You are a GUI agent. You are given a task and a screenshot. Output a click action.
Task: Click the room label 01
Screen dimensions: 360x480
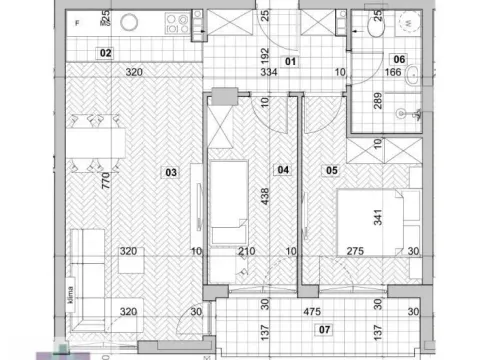point(291,61)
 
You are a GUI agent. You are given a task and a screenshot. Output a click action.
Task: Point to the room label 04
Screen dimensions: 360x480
point(282,171)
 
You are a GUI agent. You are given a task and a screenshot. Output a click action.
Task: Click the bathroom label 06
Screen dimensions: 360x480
point(398,58)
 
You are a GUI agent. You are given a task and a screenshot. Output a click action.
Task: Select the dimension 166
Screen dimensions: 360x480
point(393,73)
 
